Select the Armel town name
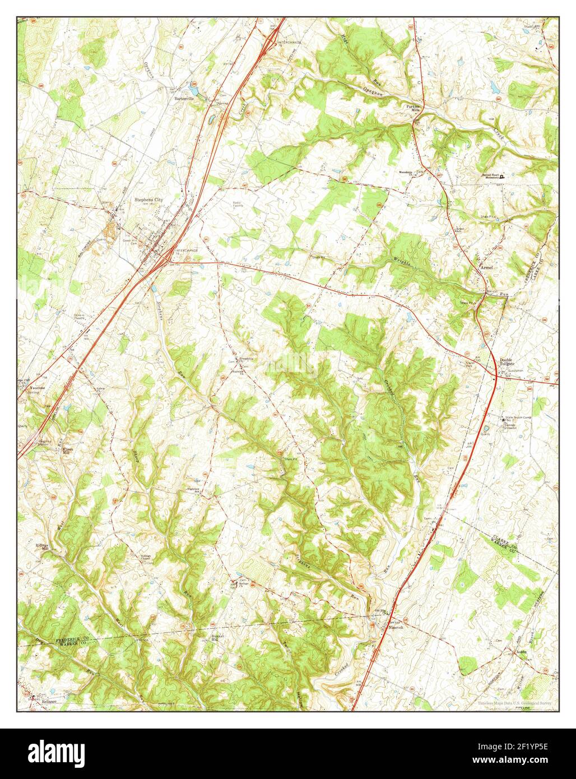[486, 268]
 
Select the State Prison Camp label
[518, 419]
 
